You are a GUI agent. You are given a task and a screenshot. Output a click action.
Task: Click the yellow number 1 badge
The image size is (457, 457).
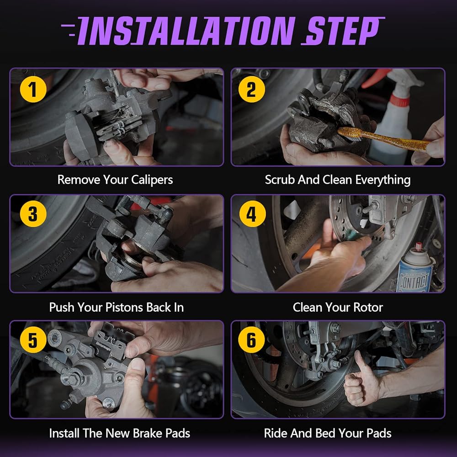click(33, 89)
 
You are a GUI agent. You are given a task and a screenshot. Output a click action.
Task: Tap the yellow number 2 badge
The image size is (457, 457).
click(251, 89)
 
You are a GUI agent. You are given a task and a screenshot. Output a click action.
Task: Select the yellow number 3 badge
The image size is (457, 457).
click(33, 214)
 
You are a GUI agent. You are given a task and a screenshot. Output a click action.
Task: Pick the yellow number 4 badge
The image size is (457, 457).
click(252, 214)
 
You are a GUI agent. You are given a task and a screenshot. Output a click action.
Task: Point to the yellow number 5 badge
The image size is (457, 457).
click(33, 340)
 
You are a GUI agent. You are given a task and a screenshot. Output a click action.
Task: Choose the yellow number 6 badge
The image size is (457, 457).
click(251, 340)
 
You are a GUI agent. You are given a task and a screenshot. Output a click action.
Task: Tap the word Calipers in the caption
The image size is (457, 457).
click(152, 180)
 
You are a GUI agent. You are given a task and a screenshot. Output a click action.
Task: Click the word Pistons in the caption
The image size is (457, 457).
click(124, 307)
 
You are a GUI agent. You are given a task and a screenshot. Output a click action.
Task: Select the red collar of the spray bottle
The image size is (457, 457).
click(399, 101)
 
